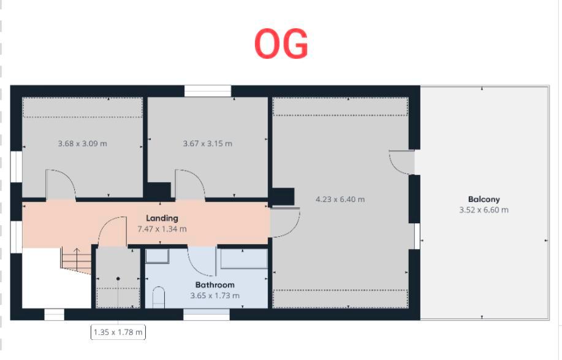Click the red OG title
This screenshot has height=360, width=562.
(x=281, y=44)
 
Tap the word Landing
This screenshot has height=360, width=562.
(x=162, y=218)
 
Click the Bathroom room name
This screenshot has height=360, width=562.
(x=215, y=285)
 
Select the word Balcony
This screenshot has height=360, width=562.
(x=484, y=199)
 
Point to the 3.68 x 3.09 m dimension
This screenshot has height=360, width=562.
(x=82, y=144)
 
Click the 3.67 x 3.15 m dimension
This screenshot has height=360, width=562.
(x=207, y=144)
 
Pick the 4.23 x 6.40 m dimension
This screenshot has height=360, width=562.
(x=340, y=199)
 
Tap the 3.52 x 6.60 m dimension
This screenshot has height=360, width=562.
(x=484, y=210)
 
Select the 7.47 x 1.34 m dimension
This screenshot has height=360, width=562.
(x=162, y=229)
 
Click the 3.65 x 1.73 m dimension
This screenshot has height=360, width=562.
(x=215, y=296)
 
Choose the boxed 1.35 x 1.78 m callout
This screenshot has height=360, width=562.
(x=118, y=332)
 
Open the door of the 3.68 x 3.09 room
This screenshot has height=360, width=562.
(x=61, y=185)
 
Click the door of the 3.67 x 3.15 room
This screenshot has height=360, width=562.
(x=190, y=185)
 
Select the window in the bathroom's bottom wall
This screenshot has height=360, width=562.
(x=207, y=315)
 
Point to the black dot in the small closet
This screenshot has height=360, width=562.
(x=118, y=278)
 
